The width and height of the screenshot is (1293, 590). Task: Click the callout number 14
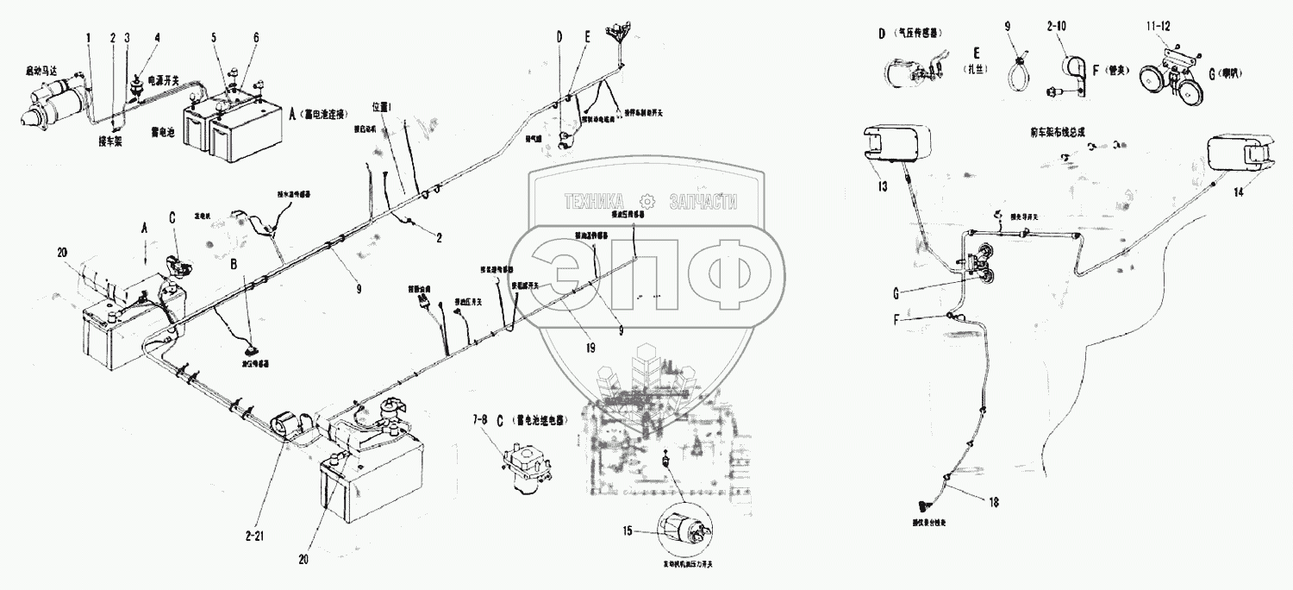tap(1238, 193)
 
